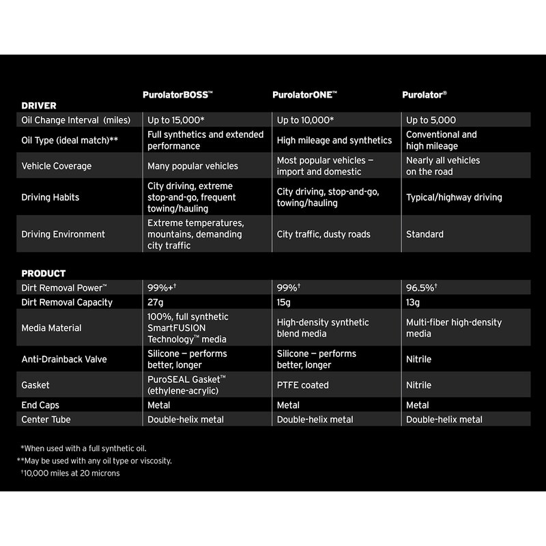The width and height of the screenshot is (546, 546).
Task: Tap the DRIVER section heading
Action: [39, 106]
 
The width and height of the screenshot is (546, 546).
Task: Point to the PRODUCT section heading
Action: [44, 274]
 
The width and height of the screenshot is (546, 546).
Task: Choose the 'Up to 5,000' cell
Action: [431, 120]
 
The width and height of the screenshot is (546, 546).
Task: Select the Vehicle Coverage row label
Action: [57, 166]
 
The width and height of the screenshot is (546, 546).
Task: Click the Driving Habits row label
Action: [51, 197]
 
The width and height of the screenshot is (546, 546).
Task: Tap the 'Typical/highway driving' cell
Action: [454, 197]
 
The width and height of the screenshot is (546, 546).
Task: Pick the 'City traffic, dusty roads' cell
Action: [324, 234]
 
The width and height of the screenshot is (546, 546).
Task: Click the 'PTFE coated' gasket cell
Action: [302, 385]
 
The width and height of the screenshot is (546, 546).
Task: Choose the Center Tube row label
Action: [46, 419]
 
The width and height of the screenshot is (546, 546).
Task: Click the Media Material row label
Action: [51, 328]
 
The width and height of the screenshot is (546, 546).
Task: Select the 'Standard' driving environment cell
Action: [425, 234]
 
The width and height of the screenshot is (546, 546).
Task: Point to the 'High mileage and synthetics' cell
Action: [334, 140]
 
